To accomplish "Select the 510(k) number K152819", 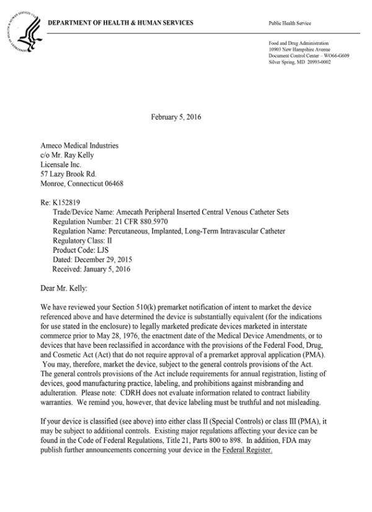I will click(66, 202).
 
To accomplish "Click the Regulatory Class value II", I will click(110, 240).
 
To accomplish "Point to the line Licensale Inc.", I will click(61, 165).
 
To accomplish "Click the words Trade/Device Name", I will click(84, 211).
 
